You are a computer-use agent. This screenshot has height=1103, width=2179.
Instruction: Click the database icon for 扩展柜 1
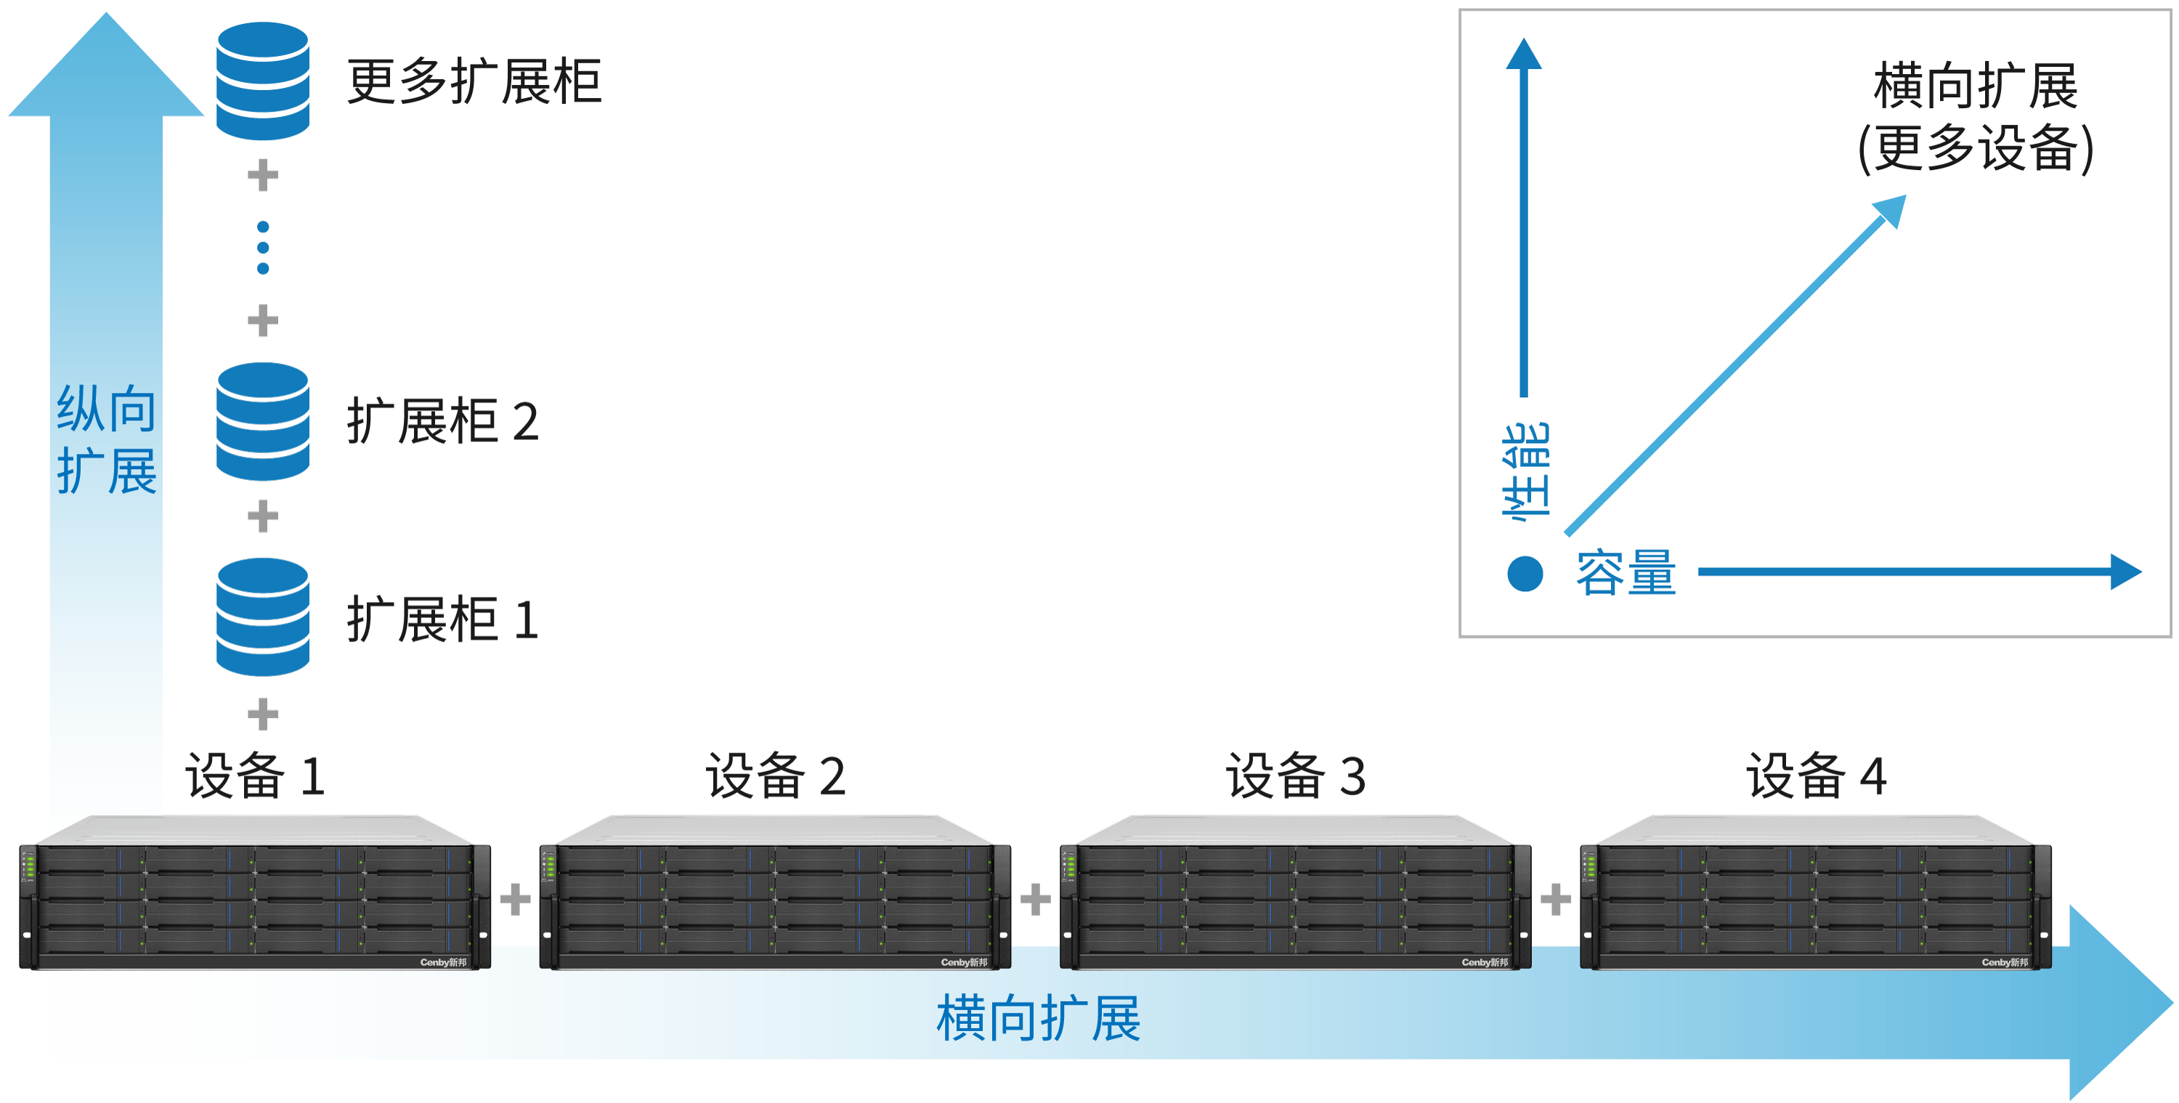[262, 616]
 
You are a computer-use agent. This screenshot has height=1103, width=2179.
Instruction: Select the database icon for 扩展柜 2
[262, 421]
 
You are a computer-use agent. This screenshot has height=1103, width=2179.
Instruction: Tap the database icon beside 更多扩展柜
[262, 81]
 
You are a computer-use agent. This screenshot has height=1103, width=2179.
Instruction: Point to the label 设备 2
[775, 776]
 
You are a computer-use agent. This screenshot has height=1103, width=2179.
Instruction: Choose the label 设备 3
[1295, 776]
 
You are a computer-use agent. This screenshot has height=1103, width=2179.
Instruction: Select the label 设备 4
[1815, 776]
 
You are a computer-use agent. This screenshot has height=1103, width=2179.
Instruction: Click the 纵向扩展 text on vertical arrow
[107, 440]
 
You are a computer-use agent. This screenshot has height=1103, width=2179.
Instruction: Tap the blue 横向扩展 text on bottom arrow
[1038, 1017]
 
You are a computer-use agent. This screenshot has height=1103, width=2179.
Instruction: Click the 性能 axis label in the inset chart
[1525, 470]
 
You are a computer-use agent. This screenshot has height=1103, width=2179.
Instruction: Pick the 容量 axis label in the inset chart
[1625, 573]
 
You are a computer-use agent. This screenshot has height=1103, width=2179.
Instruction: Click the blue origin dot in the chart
[1525, 574]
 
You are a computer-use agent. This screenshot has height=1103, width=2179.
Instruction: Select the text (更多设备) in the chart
[1975, 148]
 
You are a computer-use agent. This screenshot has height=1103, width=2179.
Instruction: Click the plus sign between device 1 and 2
[515, 899]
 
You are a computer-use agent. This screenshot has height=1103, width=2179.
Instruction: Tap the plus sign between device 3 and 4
[1555, 899]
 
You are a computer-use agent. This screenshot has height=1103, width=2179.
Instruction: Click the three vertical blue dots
[263, 248]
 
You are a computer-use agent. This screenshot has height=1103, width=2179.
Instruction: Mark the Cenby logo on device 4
[2004, 961]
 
